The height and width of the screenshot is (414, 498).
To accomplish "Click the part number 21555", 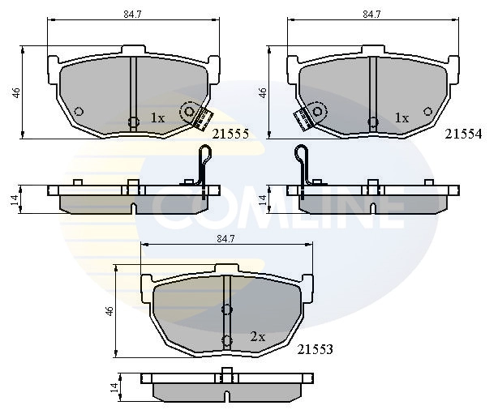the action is coord(230,134).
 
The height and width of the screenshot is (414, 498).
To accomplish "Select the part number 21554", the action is coord(463,134).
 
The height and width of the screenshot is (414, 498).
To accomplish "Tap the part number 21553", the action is coord(315,349).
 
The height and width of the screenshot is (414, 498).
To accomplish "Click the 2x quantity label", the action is coord(258,337).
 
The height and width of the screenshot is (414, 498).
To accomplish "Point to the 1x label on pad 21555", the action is coord(157,118).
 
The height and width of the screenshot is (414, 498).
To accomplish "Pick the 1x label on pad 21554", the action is coord(401,118).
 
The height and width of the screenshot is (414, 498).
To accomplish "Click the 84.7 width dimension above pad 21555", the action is coord(132,15).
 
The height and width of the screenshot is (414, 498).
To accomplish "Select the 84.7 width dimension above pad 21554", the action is coord(372,15).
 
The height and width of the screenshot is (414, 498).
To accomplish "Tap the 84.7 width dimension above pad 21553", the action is coord(225,239).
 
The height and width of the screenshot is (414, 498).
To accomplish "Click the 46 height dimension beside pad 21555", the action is coord(16,92).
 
